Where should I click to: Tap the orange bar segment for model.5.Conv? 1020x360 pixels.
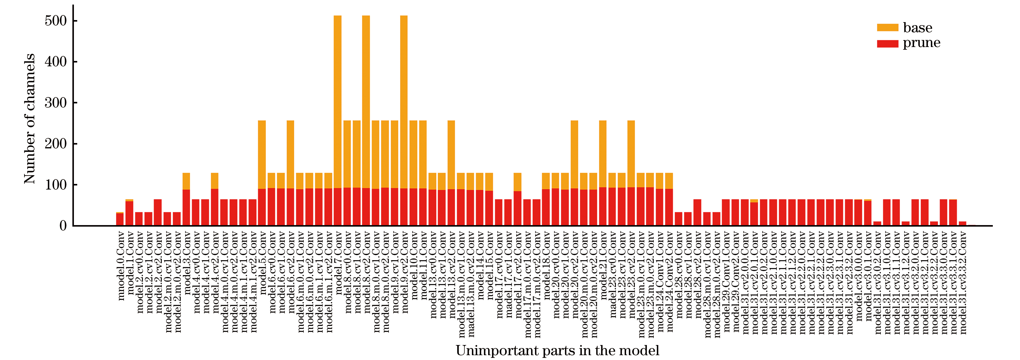[x=262, y=154]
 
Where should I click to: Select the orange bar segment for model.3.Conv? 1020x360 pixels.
[x=186, y=181]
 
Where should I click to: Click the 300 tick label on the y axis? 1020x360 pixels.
[x=56, y=103]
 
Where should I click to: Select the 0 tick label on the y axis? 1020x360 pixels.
[x=63, y=226]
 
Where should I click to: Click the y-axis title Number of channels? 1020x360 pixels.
[x=30, y=119]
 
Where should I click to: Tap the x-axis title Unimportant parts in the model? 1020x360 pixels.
[x=557, y=351]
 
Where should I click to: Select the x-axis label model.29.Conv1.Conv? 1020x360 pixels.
[x=726, y=281]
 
